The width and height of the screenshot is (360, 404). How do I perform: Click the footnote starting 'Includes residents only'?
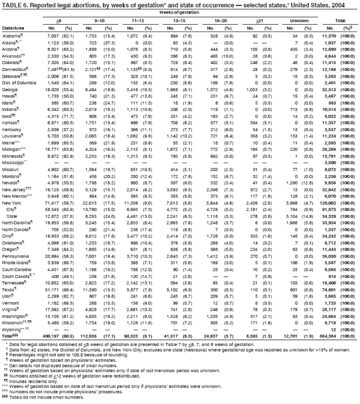click(34, 378)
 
